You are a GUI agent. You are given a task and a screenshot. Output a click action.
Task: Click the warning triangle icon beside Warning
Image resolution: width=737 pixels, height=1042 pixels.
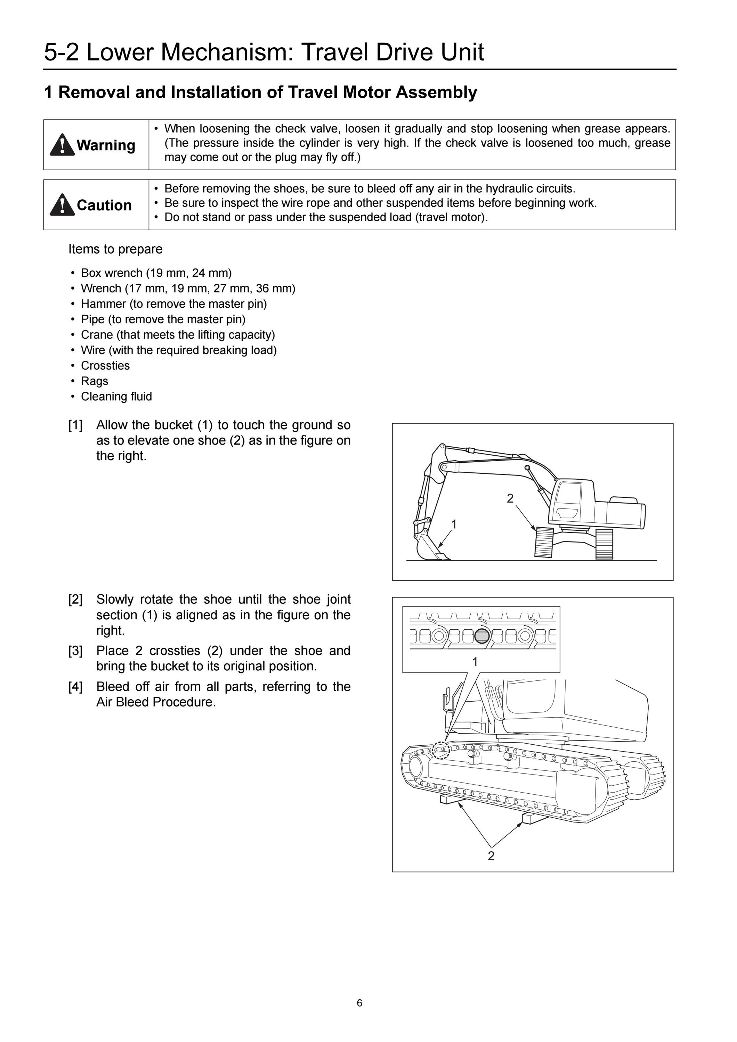click(62, 145)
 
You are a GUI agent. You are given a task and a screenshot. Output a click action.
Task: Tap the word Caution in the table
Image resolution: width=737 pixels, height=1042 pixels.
click(104, 205)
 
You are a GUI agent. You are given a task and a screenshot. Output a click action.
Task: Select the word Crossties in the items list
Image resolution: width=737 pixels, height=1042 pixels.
click(105, 365)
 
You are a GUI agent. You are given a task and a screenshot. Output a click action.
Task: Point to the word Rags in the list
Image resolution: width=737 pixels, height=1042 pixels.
click(95, 381)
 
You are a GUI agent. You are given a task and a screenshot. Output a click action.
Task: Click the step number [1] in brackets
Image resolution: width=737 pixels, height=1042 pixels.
click(75, 425)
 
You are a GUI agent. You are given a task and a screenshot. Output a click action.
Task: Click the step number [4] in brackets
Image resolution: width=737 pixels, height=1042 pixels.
click(75, 687)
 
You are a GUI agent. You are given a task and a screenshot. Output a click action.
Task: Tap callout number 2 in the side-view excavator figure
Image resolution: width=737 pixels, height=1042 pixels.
click(510, 498)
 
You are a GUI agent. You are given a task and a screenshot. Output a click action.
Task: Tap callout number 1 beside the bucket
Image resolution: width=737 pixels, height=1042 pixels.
click(453, 524)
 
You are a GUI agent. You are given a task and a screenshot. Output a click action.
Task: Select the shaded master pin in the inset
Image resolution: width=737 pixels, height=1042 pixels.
click(482, 636)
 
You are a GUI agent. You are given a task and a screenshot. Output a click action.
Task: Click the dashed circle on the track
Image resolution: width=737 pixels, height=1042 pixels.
click(440, 750)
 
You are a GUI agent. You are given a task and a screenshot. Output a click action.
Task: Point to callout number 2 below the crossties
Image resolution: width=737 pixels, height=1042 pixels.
click(491, 856)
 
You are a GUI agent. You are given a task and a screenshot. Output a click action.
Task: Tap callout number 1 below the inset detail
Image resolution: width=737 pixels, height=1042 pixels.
click(475, 662)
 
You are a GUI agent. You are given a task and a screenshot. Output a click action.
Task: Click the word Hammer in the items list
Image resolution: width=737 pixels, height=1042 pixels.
click(104, 304)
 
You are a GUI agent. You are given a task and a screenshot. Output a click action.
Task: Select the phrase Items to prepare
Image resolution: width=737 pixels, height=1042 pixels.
click(115, 249)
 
